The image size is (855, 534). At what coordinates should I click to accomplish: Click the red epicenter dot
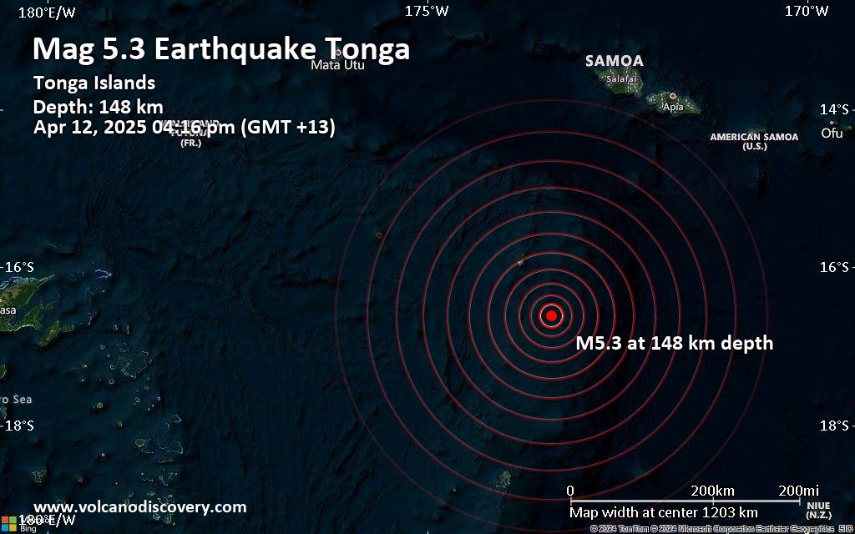(x=551, y=315)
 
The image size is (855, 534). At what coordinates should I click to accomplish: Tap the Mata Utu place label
(x=337, y=65)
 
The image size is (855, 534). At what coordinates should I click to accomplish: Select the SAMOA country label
(x=614, y=61)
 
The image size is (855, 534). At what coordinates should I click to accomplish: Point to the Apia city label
(x=672, y=107)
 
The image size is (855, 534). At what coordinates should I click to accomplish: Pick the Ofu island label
(x=832, y=133)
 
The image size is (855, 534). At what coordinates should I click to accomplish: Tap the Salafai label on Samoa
(x=621, y=78)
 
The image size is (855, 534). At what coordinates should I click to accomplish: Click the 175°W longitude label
(x=427, y=11)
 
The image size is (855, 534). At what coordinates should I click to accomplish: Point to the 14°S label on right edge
(x=834, y=109)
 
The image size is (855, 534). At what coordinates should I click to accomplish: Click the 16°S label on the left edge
(x=19, y=267)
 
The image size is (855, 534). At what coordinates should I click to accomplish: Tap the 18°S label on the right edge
(x=834, y=426)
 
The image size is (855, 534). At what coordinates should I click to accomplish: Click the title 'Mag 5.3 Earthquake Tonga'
(x=221, y=49)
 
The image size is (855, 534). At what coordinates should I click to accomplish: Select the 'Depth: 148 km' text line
(x=98, y=107)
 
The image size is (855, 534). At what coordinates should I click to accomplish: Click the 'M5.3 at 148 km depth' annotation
(x=675, y=343)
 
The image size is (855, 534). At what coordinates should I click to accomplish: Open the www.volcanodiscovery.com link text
(x=140, y=506)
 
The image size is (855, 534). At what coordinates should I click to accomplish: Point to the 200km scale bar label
(x=712, y=490)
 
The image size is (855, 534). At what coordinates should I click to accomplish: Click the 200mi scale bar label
(x=798, y=490)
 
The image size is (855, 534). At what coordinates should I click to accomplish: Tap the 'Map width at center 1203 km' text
(x=664, y=512)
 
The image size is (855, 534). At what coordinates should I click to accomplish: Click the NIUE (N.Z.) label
(x=818, y=509)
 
